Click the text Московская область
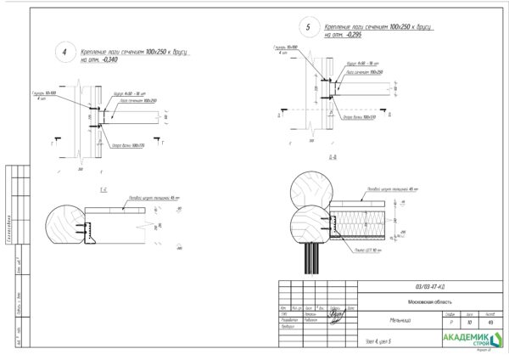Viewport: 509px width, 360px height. (x=422, y=301)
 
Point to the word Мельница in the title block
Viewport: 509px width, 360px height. (x=378, y=321)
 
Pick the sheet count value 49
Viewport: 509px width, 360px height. (x=489, y=323)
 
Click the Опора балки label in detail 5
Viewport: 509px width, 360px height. (x=359, y=117)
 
